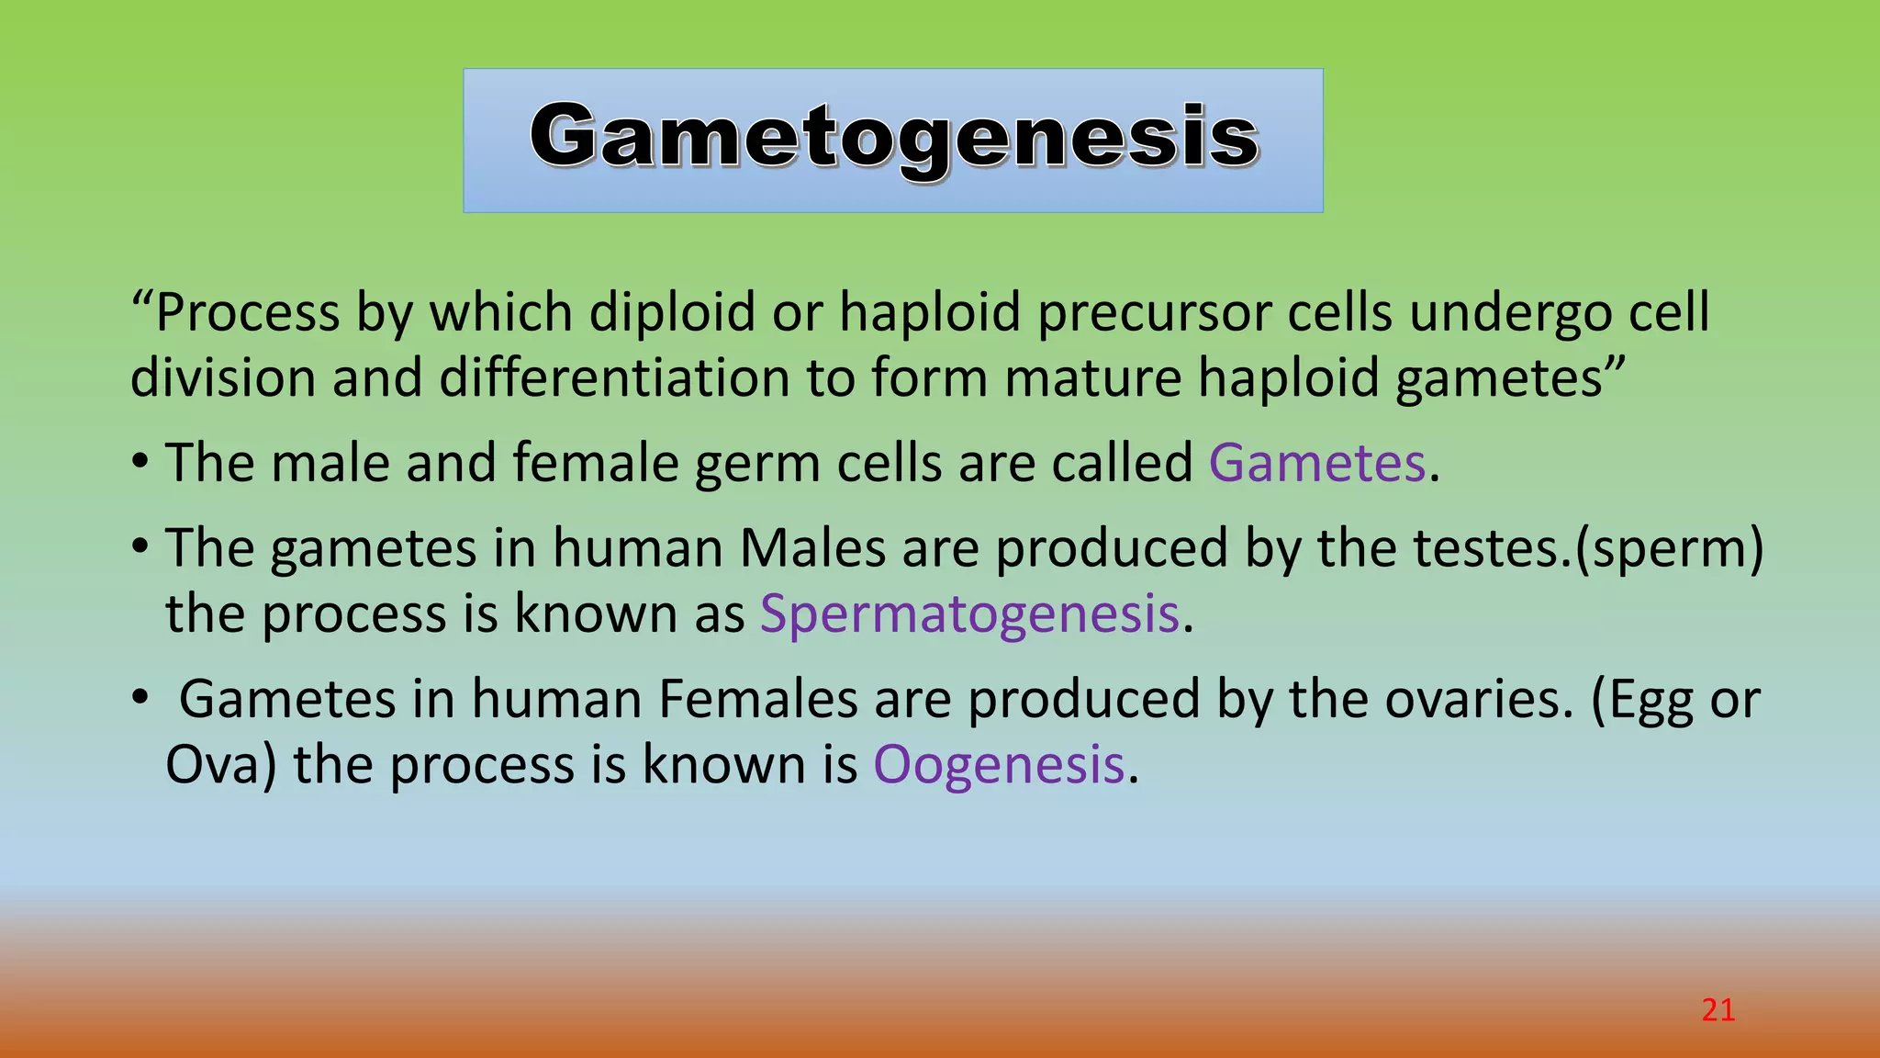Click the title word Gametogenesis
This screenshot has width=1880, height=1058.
coord(894,138)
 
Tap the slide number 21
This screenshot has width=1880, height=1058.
coord(1718,1010)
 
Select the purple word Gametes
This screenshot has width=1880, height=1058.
coord(1316,463)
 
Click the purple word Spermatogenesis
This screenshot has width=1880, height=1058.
coord(968,614)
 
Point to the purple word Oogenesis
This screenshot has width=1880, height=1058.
coord(998,765)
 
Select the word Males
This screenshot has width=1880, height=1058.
coord(812,548)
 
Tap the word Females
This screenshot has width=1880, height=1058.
coord(757,700)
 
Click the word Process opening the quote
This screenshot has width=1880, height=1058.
coord(248,313)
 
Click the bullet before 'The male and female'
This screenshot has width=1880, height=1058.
coord(140,461)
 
